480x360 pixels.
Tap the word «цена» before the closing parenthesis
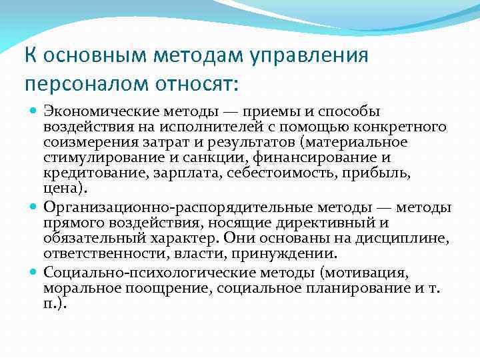pos(59,190)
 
